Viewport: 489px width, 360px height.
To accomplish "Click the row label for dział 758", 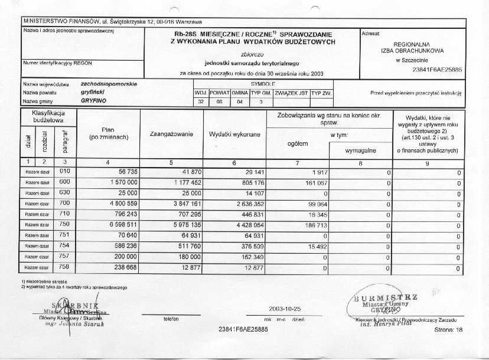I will [65, 267].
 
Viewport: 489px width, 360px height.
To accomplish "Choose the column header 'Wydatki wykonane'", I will [235, 135].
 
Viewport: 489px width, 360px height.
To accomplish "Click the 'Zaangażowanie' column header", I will [171, 135].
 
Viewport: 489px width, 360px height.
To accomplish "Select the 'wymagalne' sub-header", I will [360, 151].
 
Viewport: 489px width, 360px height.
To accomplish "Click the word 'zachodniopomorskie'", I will [109, 84].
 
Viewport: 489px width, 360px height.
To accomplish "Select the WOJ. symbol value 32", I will [201, 102].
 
